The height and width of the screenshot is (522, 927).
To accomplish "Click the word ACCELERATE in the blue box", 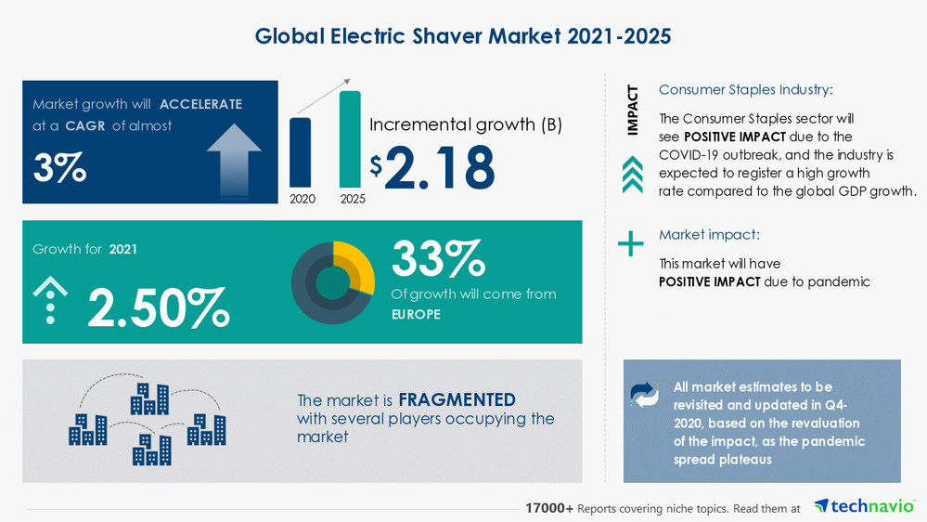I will pos(200,104).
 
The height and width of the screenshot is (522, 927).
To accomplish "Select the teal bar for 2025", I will pos(350,139).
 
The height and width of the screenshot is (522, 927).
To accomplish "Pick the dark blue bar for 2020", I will pos(301,152).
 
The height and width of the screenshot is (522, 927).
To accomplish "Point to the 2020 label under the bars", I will pos(302,199).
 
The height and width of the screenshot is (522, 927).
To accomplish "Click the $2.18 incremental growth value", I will pos(432,167).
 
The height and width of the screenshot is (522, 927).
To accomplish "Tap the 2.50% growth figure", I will pos(158,308).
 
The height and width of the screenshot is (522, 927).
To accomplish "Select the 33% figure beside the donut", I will pos(437,258).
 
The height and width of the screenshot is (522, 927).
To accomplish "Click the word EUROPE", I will pos(416,315).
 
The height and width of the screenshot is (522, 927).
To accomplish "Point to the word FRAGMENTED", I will pos(457,400).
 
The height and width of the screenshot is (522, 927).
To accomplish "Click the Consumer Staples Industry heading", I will pos(745,90).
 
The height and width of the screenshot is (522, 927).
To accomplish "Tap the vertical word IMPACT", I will pos(633,111).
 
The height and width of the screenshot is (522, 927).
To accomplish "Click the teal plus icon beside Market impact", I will pos(631,244).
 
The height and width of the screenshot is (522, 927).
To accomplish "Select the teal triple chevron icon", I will pos(632,173).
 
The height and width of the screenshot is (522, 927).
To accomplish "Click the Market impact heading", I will pos(709,235).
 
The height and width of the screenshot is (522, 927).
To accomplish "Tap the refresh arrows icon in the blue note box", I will pos(644,395).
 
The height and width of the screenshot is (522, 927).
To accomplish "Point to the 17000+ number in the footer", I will pos(549,508).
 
